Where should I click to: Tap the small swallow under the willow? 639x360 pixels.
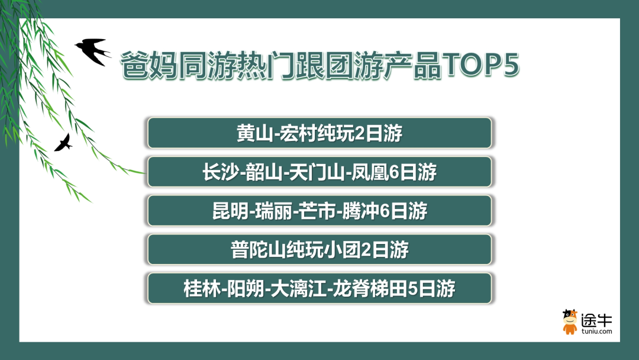[63, 143]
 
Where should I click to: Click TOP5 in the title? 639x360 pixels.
[481, 65]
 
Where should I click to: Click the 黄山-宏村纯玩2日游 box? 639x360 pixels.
[319, 133]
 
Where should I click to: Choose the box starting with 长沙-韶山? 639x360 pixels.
[319, 172]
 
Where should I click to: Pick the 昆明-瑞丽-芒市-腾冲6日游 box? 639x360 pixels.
[319, 210]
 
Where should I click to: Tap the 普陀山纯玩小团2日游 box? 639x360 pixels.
[319, 249]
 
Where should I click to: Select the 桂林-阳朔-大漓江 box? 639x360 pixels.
[319, 288]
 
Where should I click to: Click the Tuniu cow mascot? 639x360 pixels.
[570, 322]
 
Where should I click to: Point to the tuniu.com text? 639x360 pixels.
[596, 332]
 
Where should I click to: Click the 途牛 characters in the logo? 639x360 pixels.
[596, 320]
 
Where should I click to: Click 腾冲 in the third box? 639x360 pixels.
[360, 211]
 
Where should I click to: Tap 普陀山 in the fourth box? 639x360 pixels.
[258, 249]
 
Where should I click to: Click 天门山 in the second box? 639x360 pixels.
[316, 172]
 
